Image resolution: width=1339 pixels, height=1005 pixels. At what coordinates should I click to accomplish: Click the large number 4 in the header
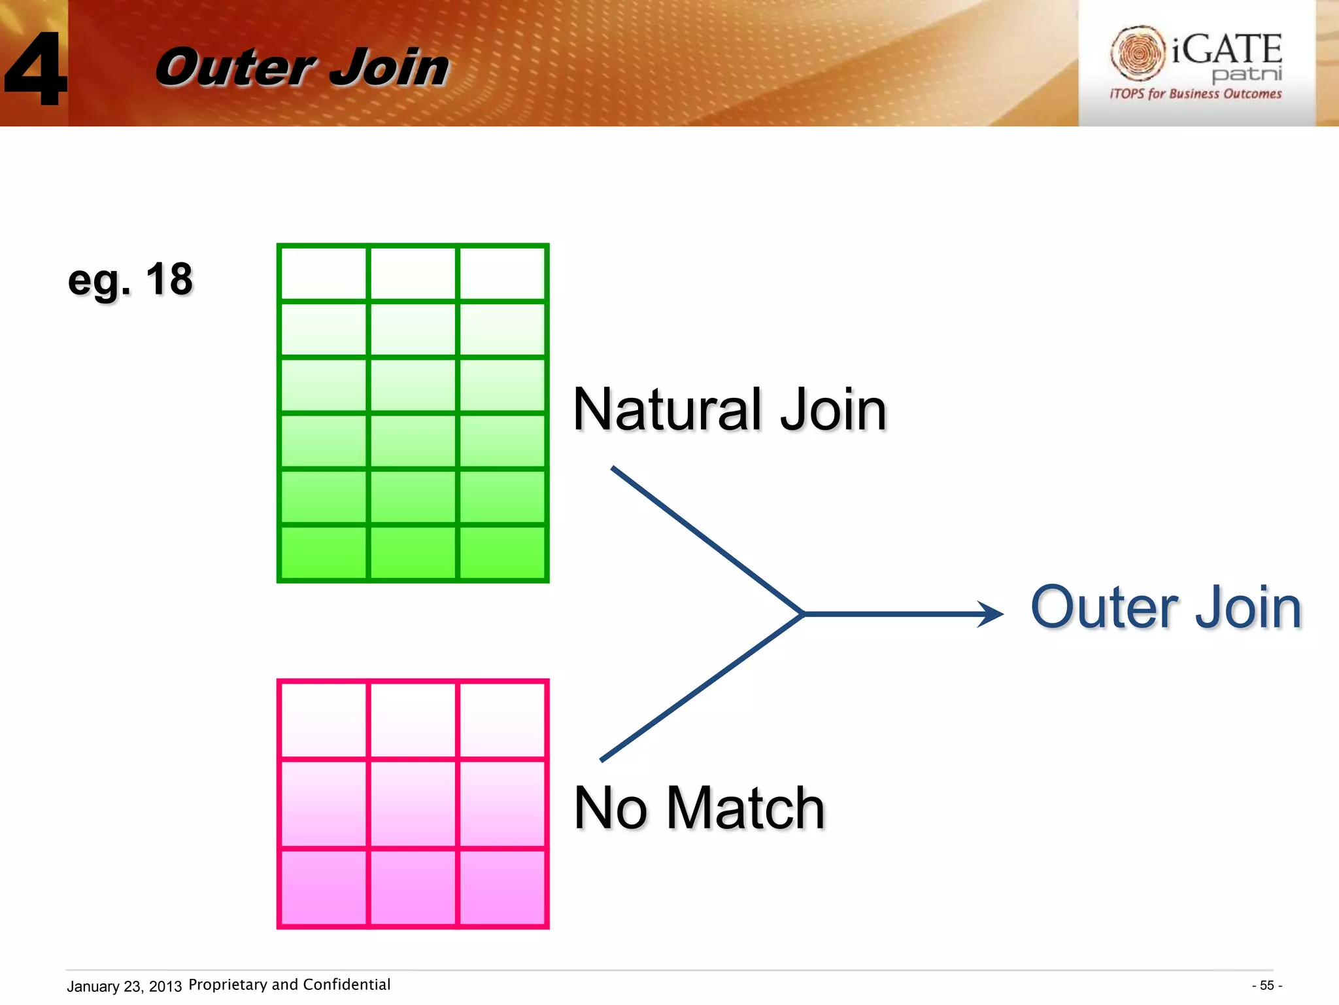click(x=36, y=69)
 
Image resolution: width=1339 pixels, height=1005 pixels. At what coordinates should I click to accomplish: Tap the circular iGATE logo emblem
click(x=1138, y=52)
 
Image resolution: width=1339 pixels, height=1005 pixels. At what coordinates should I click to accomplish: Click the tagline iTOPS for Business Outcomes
click(x=1195, y=94)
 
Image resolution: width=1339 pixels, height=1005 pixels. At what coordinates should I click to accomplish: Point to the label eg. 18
click(x=130, y=279)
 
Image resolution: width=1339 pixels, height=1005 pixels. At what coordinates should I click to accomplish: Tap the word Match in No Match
click(x=745, y=809)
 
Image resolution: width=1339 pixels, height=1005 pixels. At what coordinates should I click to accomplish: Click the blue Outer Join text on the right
click(x=1166, y=608)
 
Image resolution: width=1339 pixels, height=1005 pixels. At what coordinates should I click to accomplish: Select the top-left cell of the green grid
click(x=324, y=273)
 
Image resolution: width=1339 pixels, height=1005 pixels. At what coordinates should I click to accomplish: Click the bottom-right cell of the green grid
click(x=502, y=552)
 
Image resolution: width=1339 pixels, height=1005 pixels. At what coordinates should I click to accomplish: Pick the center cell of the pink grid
click(x=413, y=803)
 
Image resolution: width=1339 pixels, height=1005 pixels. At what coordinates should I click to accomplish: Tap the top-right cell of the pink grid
click(x=502, y=720)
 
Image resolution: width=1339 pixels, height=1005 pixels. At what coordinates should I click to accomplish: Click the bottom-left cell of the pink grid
click(x=324, y=887)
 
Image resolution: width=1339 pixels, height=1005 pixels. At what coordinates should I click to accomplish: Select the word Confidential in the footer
click(x=347, y=985)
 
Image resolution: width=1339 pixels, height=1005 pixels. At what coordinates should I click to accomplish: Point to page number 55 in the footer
click(x=1266, y=985)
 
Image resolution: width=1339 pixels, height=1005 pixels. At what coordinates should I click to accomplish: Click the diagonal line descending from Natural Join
click(x=706, y=540)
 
